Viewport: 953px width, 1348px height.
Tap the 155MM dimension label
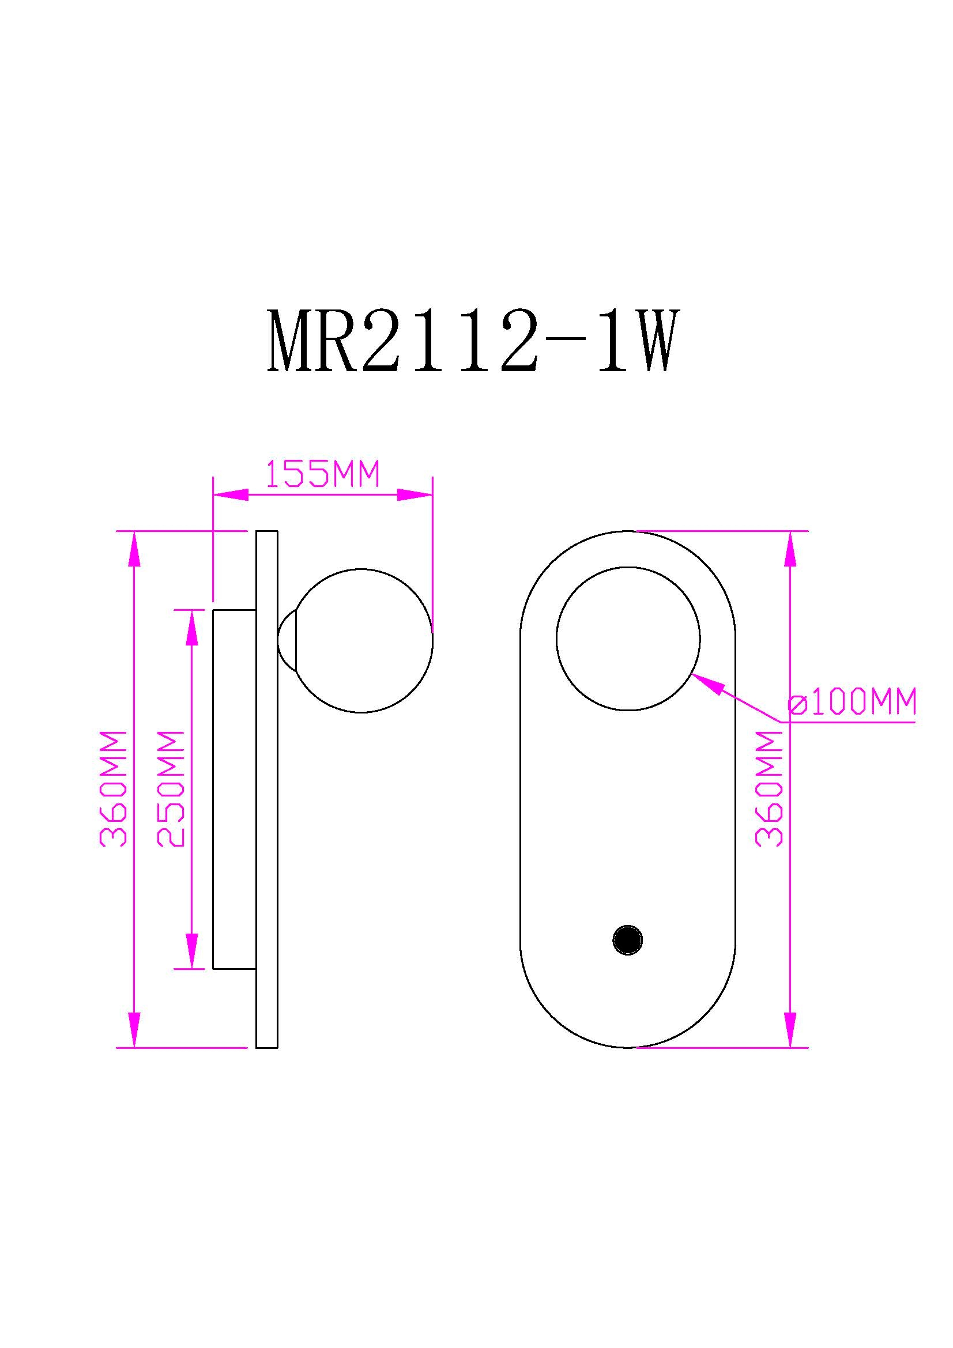click(x=322, y=474)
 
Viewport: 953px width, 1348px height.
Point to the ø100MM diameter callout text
click(x=852, y=701)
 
